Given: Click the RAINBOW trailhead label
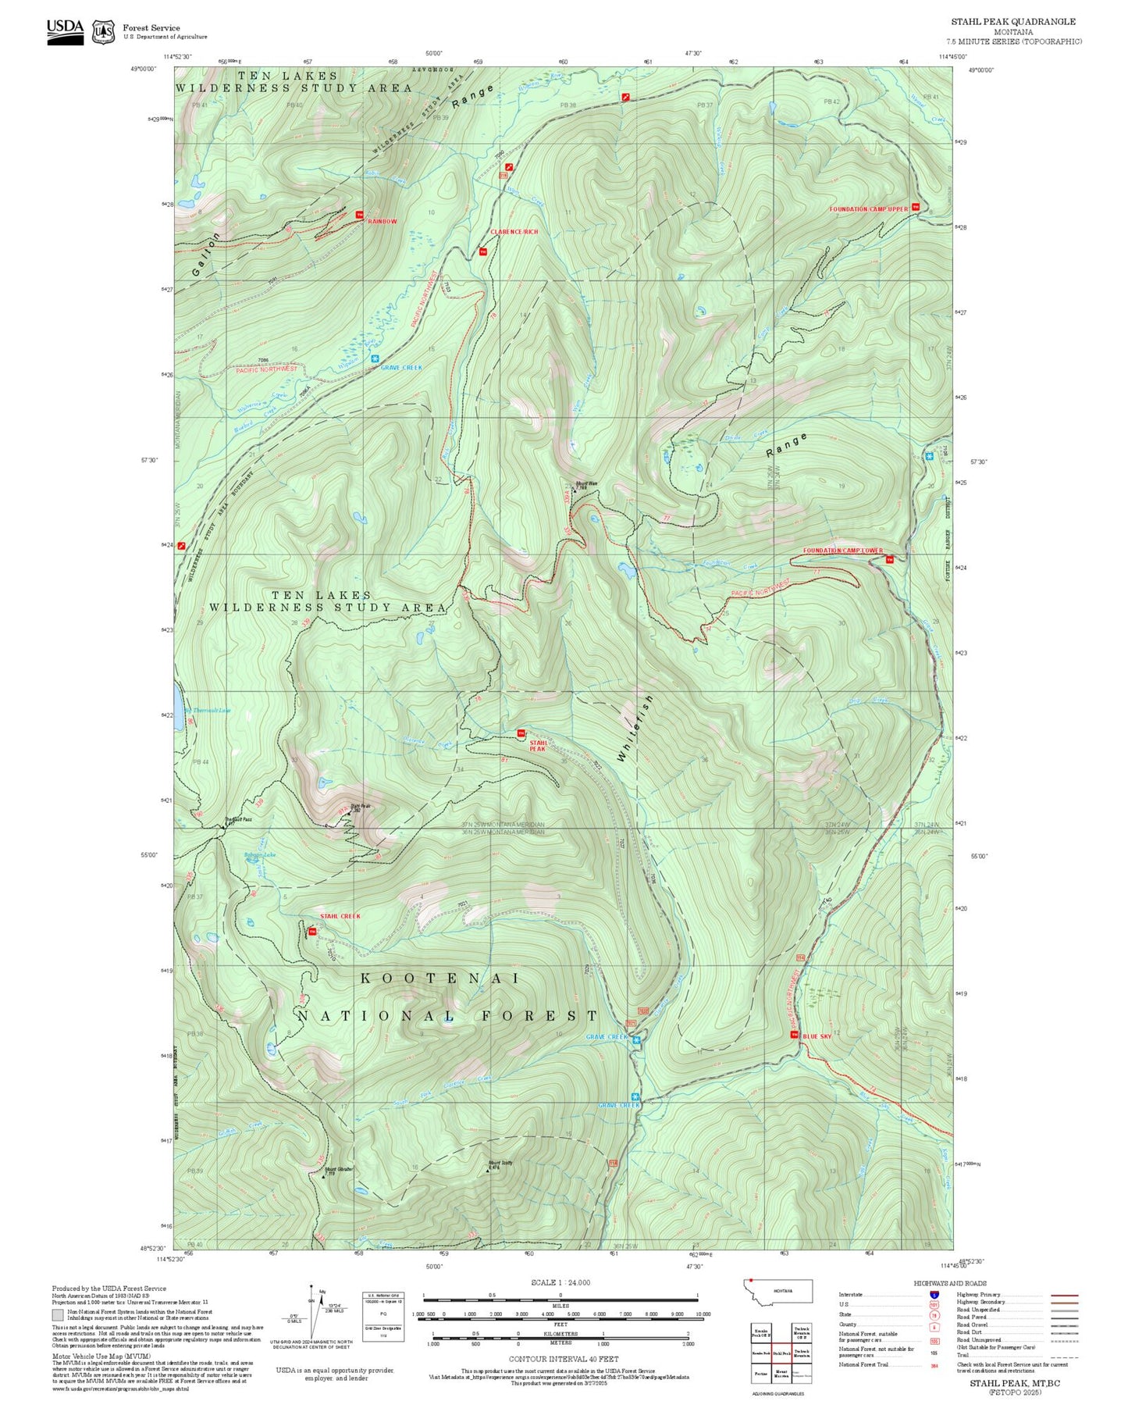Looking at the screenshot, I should coord(382,221).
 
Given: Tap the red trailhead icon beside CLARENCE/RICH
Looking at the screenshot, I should coord(482,251).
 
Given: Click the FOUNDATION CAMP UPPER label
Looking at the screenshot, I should coord(868,209).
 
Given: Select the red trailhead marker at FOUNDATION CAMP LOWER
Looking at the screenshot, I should coord(889,558).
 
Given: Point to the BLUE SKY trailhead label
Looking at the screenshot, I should coord(817,1036).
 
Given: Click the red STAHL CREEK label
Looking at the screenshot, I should coord(340,916).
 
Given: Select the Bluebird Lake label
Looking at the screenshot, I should coord(259,855).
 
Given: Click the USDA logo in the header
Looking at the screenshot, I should coord(65,30).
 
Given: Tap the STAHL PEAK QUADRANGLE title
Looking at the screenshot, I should coord(1012,22).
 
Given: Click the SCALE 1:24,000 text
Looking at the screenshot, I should coord(560,1282).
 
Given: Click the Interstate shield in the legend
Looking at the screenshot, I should coord(934,1295).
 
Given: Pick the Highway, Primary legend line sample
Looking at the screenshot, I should coord(1064,1295).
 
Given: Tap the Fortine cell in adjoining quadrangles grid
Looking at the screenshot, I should coord(760,1374).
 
